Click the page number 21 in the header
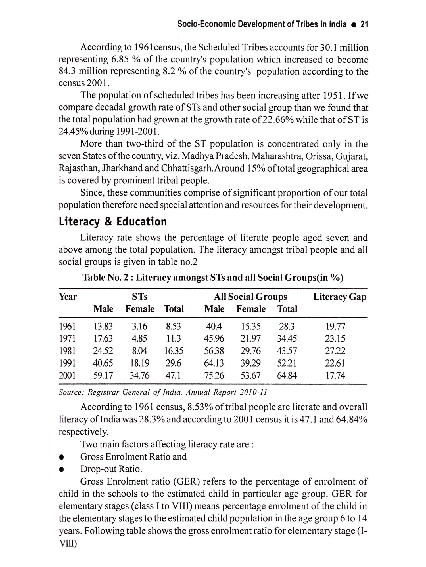364,24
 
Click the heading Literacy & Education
113,222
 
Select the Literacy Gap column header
340,297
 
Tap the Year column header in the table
68,297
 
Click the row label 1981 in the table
67,351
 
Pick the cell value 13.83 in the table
103,327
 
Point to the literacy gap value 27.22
335,351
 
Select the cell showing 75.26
214,376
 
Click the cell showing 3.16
139,327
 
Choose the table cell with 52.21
287,363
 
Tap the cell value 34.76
139,376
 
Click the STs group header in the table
139,297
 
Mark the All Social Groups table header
250,297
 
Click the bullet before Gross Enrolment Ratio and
61,457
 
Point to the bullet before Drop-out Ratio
61,470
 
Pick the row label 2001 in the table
67,376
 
